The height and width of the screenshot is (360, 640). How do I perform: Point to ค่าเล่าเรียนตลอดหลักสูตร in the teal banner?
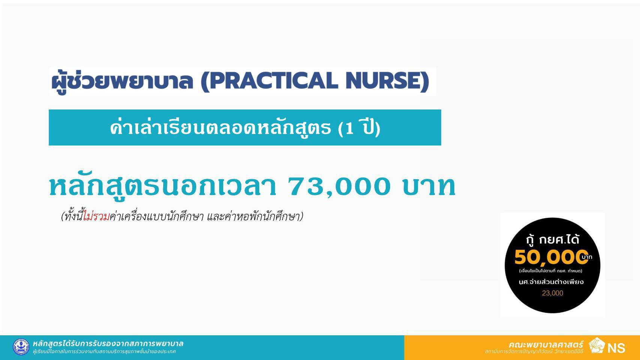(220, 128)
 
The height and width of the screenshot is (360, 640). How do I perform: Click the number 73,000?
(339, 187)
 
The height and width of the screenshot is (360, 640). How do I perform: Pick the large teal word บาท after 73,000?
(429, 187)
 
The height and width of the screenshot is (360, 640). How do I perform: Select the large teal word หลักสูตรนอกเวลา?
(163, 187)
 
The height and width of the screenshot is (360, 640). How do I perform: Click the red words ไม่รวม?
(96, 216)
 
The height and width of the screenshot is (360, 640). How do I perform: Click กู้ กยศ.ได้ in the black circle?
(552, 239)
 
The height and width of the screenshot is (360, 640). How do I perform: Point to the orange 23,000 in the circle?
(553, 293)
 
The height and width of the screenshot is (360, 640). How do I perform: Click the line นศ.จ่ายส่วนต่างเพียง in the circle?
(551, 282)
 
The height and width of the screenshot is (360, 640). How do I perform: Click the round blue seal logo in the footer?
(21, 347)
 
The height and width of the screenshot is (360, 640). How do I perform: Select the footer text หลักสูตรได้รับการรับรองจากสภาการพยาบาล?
(108, 343)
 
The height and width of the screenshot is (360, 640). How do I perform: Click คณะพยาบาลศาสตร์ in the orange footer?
(546, 344)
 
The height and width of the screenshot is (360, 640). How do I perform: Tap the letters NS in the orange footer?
(616, 348)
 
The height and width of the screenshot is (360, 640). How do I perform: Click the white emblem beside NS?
(597, 345)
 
